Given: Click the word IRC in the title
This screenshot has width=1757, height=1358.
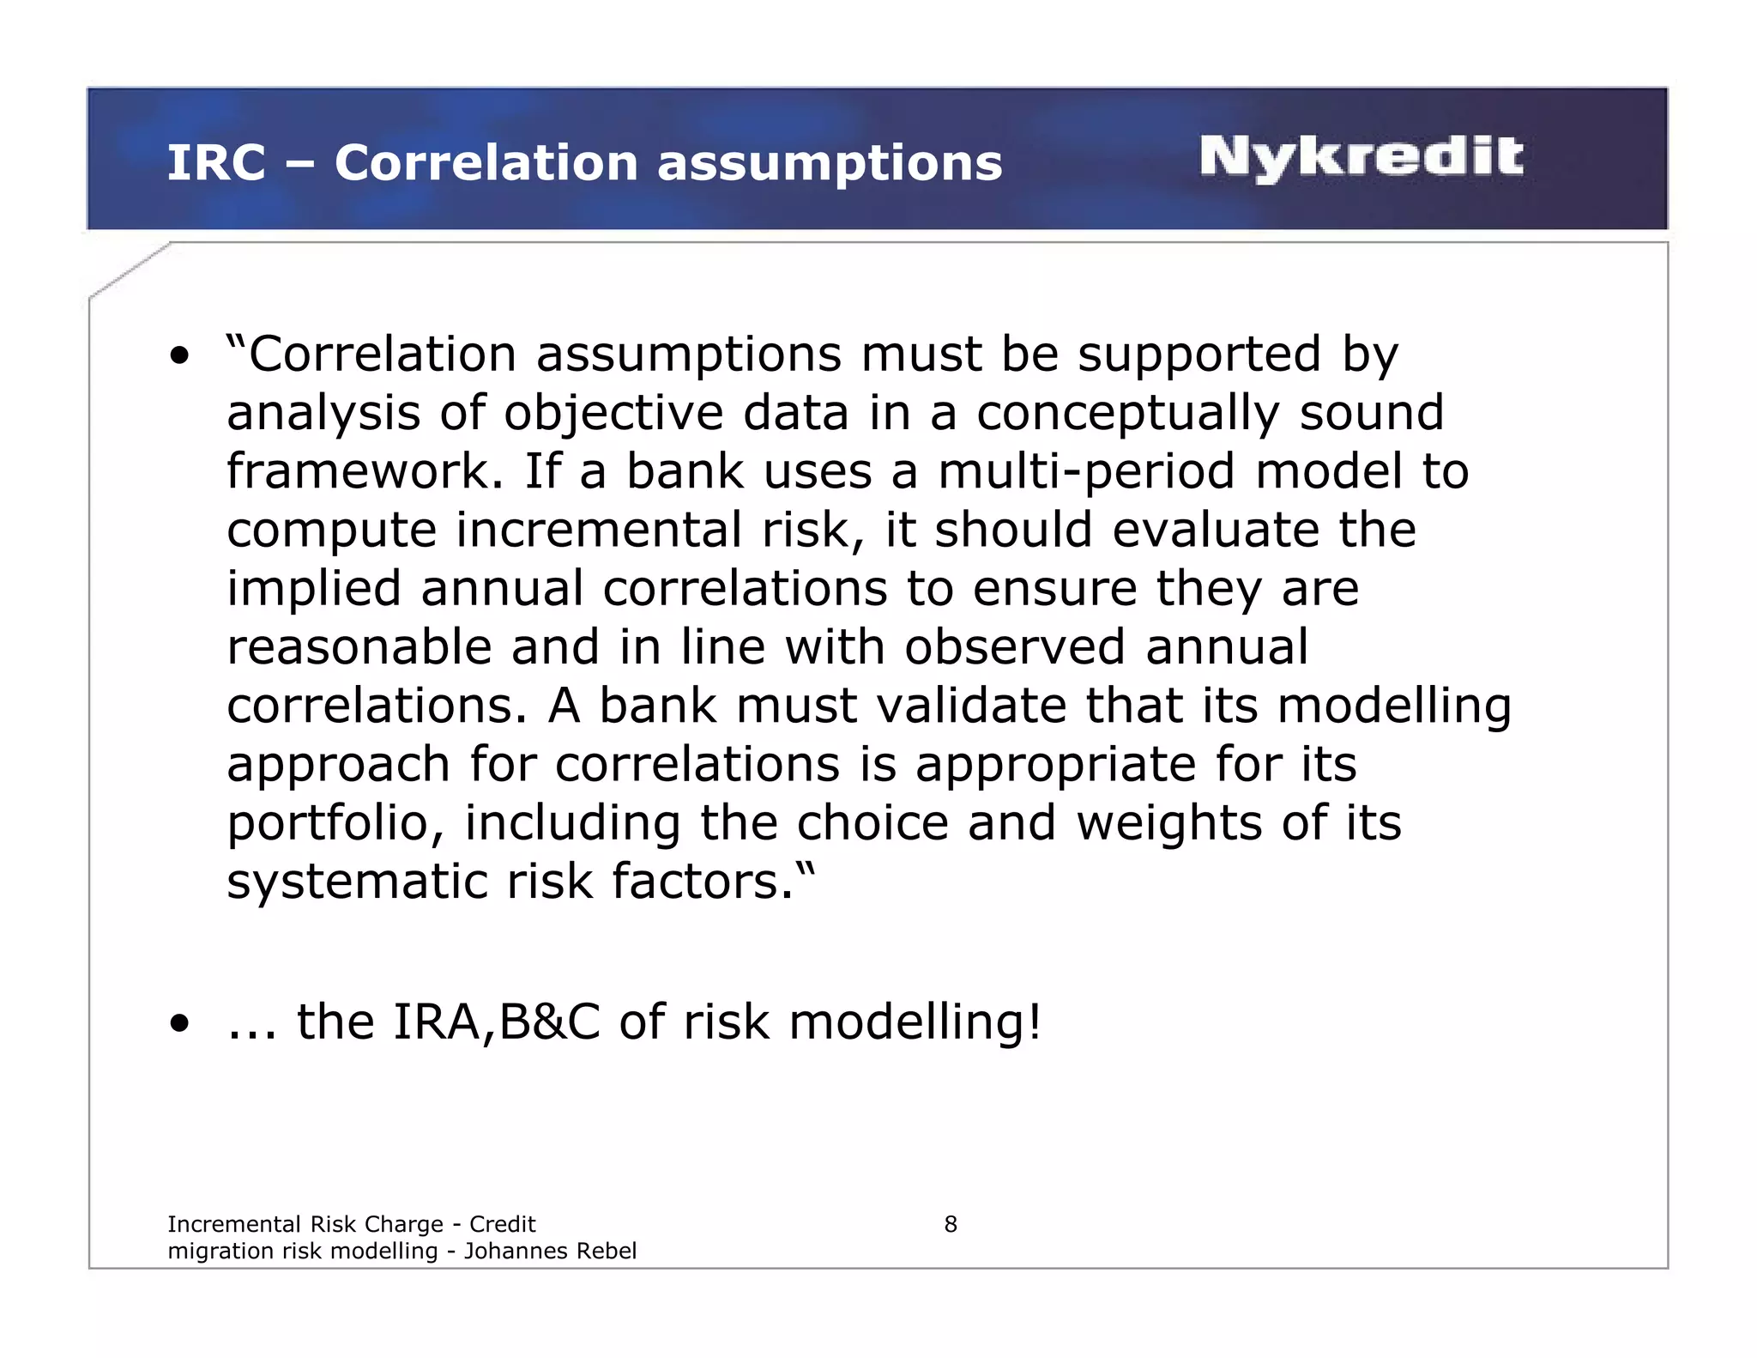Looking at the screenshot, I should tap(215, 163).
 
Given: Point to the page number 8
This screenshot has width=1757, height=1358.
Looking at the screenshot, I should tap(950, 1224).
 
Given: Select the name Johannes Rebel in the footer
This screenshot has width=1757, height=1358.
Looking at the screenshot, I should tap(550, 1251).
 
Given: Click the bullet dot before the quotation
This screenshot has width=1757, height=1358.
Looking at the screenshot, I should tap(179, 356).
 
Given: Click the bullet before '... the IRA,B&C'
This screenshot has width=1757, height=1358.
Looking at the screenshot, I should tap(179, 1023).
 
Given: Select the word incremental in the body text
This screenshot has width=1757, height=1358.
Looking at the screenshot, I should tap(598, 530).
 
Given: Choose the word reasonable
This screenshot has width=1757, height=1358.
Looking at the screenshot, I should tap(359, 647).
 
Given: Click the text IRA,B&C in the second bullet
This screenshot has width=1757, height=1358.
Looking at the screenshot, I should tap(496, 1022).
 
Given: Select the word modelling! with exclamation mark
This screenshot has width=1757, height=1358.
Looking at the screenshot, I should tap(915, 1022).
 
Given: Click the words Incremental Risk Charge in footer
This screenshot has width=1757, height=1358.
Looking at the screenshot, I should tap(305, 1224).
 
